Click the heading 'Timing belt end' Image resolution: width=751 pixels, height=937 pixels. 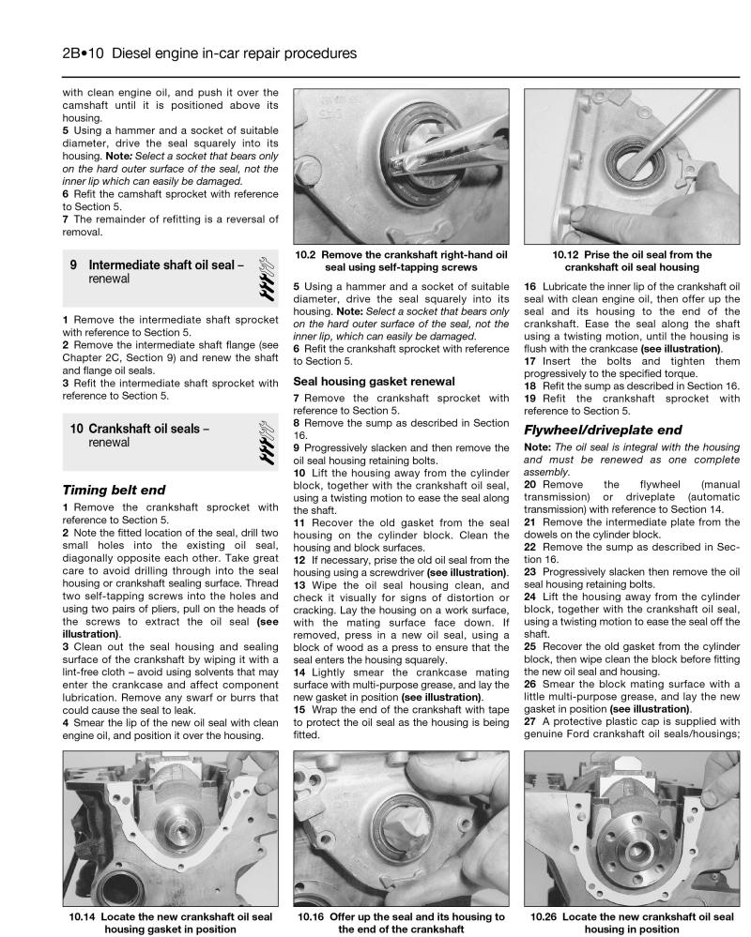click(114, 489)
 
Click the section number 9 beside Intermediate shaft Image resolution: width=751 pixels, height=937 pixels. click(73, 265)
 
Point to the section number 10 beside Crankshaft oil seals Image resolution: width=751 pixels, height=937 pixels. click(77, 429)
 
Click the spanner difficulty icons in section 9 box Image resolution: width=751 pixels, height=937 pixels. click(264, 273)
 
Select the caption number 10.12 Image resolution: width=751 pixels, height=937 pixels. click(571, 254)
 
